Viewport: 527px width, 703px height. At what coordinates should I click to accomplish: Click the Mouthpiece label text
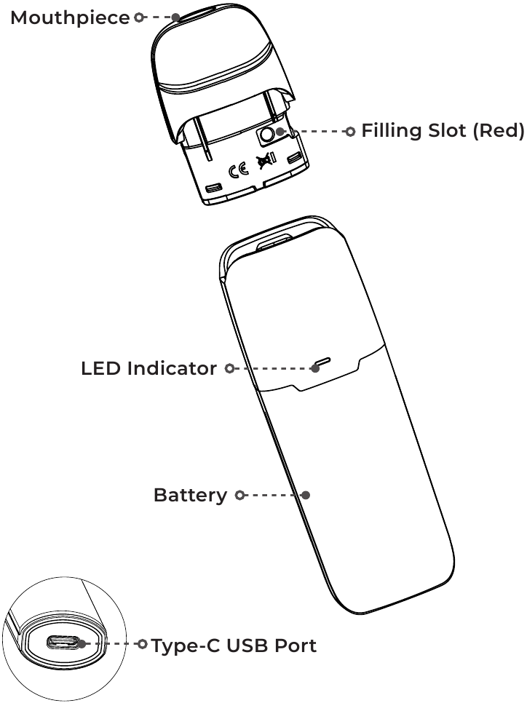pyautogui.click(x=69, y=17)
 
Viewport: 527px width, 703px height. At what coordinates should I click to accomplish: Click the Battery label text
pyautogui.click(x=190, y=496)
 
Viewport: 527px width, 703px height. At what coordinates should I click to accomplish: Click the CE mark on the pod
pyautogui.click(x=238, y=171)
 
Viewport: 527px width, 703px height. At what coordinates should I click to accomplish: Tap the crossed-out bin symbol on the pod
pyautogui.click(x=262, y=167)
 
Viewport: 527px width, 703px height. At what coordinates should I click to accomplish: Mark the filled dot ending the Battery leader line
pyautogui.click(x=306, y=495)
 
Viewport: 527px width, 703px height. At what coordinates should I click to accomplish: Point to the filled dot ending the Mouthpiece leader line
pyautogui.click(x=176, y=17)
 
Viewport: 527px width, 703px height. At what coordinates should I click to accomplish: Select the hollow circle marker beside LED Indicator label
pyautogui.click(x=229, y=369)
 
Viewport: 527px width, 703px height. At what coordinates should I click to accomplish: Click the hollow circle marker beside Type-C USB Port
pyautogui.click(x=142, y=644)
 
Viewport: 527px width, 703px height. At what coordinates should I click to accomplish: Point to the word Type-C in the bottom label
pyautogui.click(x=186, y=646)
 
